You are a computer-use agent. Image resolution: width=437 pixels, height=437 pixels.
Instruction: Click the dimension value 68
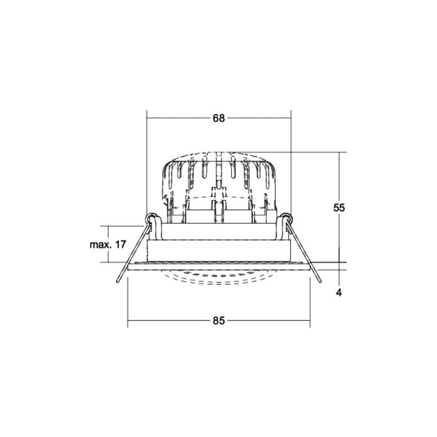pos(218,118)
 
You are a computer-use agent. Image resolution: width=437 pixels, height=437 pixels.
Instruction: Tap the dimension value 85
pos(218,321)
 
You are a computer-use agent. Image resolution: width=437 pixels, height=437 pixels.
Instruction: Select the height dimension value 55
pos(339,208)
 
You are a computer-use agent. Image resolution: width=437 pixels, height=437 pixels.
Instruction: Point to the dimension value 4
pos(339,292)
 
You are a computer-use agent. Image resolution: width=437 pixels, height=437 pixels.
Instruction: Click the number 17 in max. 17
pos(120,245)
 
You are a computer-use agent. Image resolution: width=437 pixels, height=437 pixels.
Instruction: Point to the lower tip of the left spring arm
pos(118,282)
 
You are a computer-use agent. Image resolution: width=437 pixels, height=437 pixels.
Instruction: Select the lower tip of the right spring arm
pos(320,282)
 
